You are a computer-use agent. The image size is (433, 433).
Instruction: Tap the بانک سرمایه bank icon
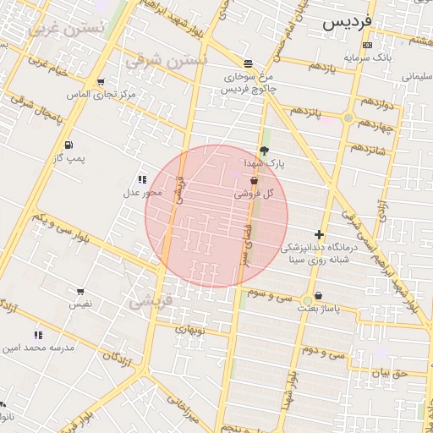pyautogui.click(x=366, y=45)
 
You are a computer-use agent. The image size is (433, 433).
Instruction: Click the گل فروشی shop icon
pyautogui.click(x=254, y=182)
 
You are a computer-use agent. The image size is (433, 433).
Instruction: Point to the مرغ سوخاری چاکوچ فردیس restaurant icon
pyautogui.click(x=248, y=63)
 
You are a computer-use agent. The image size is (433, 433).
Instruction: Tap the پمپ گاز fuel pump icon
pyautogui.click(x=68, y=145)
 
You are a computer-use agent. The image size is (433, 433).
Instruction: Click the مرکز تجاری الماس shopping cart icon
pyautogui.click(x=101, y=83)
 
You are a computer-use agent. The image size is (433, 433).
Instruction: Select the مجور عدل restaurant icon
pyautogui.click(x=141, y=179)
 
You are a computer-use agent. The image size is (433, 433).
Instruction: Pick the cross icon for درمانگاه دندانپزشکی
pyautogui.click(x=319, y=234)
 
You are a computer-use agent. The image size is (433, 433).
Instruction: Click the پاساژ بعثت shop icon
pyautogui.click(x=318, y=296)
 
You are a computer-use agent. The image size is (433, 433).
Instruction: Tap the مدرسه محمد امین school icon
pyautogui.click(x=38, y=336)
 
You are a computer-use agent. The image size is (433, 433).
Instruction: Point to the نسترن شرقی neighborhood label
pyautogui.click(x=166, y=61)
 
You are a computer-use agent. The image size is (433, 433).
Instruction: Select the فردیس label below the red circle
pyautogui.click(x=151, y=299)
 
